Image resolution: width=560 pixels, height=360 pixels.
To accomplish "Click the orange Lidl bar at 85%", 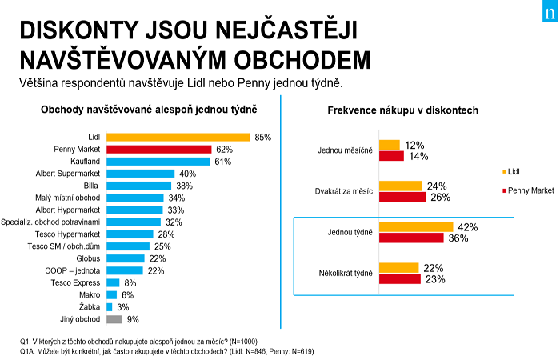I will pyautogui.click(x=178, y=138).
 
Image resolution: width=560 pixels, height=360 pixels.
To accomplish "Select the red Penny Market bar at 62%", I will pyautogui.click(x=158, y=150).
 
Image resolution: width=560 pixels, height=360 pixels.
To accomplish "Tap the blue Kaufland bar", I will pyautogui.click(x=158, y=162).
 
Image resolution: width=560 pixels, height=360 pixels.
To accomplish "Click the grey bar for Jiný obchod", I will pyautogui.click(x=114, y=319).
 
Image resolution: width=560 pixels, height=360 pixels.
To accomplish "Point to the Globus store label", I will pyautogui.click(x=88, y=258).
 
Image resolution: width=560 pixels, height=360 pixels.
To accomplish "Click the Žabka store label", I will pyautogui.click(x=89, y=307).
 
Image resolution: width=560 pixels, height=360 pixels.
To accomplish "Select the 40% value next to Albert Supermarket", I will pyautogui.click(x=187, y=174).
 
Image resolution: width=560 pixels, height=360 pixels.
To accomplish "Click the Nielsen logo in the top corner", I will pyautogui.click(x=546, y=13).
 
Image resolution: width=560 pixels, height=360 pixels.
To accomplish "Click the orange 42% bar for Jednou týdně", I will pyautogui.click(x=415, y=226).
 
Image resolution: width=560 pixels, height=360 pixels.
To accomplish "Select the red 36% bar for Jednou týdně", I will pyautogui.click(x=410, y=238).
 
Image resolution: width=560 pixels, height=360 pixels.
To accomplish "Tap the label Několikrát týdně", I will pyautogui.click(x=345, y=273).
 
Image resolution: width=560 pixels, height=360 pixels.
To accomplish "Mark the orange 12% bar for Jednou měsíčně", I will pyautogui.click(x=389, y=145).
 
